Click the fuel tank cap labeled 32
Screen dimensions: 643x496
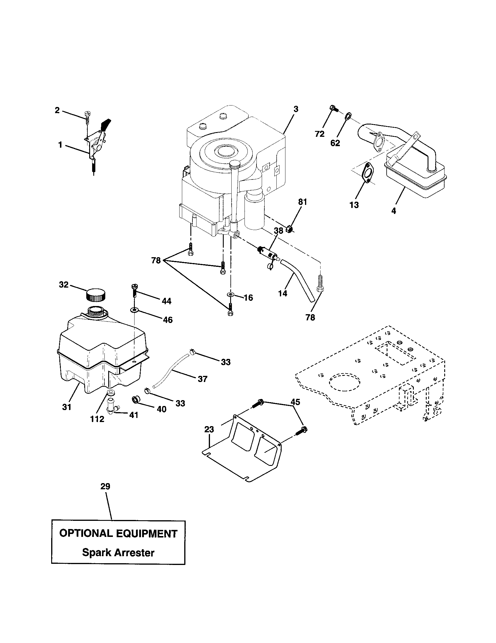(x=96, y=295)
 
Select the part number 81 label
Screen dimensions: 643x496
(x=302, y=202)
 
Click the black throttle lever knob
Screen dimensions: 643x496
(x=105, y=125)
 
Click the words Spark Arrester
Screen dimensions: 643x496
(x=118, y=553)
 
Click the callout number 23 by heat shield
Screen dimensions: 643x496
(x=209, y=430)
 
